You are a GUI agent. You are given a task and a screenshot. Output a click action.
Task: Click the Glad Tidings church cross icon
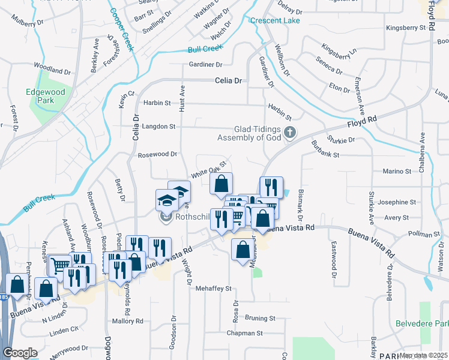(290, 133)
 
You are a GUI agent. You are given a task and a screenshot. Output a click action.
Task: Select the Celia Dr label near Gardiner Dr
(229, 80)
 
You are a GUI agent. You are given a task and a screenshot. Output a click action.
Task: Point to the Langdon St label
(158, 127)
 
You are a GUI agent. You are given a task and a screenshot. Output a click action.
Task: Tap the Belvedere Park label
(422, 324)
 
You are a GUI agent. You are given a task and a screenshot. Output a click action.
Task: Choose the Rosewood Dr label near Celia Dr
(158, 154)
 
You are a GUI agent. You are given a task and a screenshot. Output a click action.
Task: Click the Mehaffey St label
(213, 289)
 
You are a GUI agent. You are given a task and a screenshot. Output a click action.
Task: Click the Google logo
(20, 352)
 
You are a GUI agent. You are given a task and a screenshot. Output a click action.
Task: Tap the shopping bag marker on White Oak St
(221, 184)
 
